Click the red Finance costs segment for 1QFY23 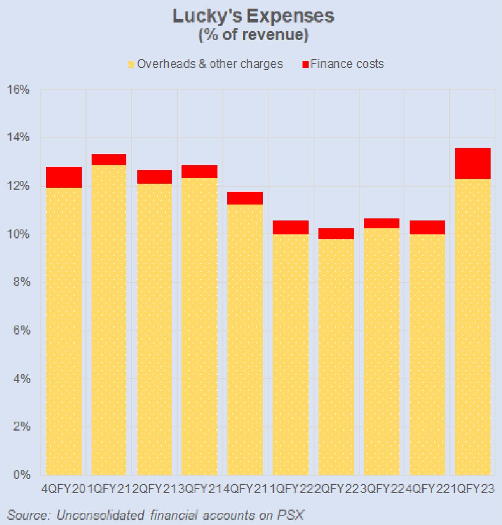(x=472, y=164)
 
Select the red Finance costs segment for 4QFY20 (x=64, y=178)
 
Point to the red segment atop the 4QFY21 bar (x=245, y=198)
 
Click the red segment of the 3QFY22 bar (x=382, y=223)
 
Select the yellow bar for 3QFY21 (x=199, y=326)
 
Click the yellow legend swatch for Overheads (x=131, y=65)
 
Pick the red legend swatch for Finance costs (x=305, y=65)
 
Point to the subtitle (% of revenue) (x=253, y=35)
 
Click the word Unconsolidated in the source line (x=100, y=515)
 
